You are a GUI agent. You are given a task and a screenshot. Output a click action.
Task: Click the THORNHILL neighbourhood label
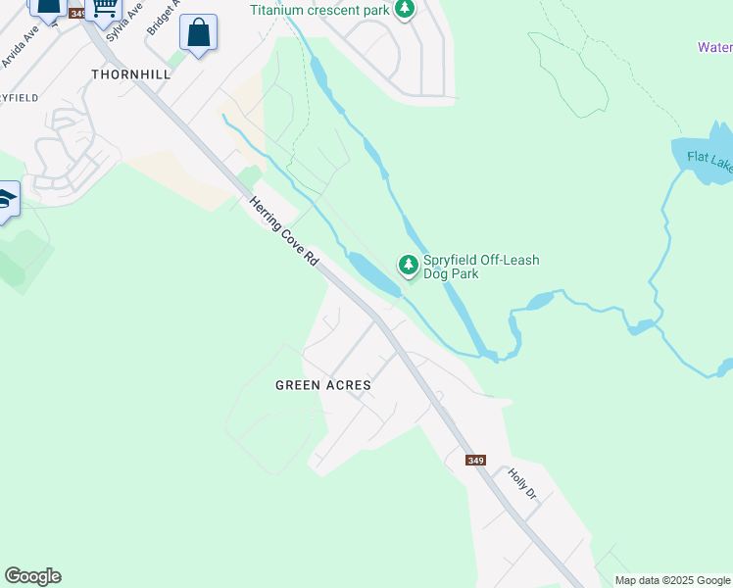click(123, 73)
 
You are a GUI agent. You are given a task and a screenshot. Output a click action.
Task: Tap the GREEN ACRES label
click(322, 385)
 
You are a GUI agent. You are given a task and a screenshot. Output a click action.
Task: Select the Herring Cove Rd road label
click(284, 231)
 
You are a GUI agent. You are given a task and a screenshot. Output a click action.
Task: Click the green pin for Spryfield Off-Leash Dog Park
click(408, 265)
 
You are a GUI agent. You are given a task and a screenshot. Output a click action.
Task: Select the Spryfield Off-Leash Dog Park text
click(481, 268)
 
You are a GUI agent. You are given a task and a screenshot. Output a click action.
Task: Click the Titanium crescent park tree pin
click(404, 10)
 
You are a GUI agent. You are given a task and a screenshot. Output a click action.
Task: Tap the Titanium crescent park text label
click(319, 10)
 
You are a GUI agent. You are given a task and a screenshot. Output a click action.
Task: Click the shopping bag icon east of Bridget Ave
click(199, 34)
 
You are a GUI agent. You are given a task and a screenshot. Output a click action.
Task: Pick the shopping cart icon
click(102, 9)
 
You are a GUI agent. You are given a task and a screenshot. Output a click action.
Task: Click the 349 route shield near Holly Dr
click(475, 461)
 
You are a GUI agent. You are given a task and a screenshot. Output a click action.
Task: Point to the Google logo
click(32, 576)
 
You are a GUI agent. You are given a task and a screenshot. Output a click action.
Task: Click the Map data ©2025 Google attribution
click(672, 580)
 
